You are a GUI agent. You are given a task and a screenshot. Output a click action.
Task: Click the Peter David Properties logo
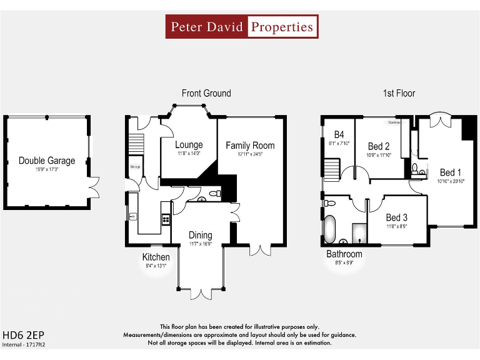(x=242, y=27)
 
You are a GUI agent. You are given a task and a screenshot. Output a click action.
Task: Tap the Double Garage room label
(x=46, y=161)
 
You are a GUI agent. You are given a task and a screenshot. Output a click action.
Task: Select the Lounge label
(x=189, y=145)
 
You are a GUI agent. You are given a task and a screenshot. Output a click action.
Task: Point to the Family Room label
(x=250, y=146)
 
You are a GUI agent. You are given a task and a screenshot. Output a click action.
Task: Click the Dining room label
(x=201, y=235)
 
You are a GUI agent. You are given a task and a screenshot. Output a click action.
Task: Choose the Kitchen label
(x=156, y=257)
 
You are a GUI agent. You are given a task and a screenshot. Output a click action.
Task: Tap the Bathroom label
(x=344, y=254)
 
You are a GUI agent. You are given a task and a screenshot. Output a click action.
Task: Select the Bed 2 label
(x=379, y=147)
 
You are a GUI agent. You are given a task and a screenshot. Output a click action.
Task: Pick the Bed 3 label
(x=397, y=217)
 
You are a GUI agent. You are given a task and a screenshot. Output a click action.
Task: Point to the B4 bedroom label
(x=339, y=134)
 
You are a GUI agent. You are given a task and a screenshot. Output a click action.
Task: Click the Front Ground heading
(x=206, y=93)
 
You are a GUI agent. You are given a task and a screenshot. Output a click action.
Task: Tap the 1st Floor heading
(x=399, y=93)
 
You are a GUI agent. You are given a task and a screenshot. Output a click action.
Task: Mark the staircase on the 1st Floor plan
(x=331, y=168)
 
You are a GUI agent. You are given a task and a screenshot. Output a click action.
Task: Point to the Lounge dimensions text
(x=189, y=153)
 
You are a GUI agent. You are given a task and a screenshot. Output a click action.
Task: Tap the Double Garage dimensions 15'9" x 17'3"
(x=46, y=169)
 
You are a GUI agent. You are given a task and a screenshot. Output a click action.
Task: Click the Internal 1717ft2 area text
(x=24, y=344)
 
